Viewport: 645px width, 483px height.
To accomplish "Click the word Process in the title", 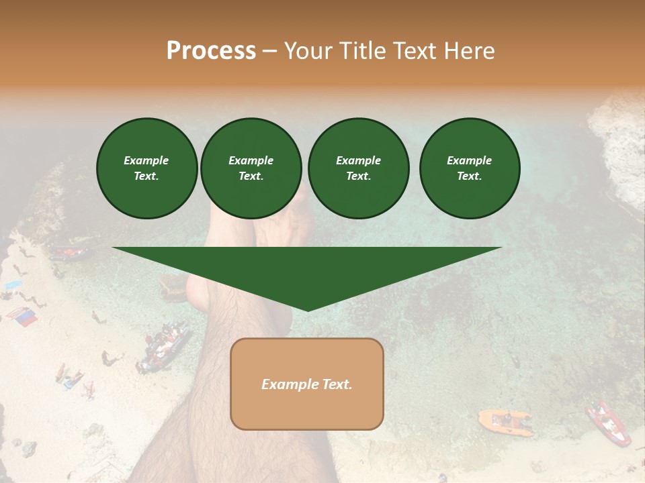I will (x=211, y=51).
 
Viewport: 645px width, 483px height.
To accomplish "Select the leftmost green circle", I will (x=146, y=168).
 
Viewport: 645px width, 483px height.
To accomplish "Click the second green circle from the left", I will (x=251, y=168).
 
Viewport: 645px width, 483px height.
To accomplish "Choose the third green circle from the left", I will (x=358, y=168).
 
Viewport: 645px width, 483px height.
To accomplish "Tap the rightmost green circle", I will (x=469, y=168).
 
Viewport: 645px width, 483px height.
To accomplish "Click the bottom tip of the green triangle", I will (x=308, y=309).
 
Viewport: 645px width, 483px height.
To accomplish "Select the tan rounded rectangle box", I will (x=307, y=383).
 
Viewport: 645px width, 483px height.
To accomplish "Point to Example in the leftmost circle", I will (x=146, y=161).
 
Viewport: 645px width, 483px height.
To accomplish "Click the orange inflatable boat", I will (x=505, y=421).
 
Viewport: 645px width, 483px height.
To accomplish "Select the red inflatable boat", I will (x=609, y=423).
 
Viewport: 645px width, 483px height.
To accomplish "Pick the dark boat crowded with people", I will (x=164, y=345).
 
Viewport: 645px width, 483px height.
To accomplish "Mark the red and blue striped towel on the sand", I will (x=22, y=317).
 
